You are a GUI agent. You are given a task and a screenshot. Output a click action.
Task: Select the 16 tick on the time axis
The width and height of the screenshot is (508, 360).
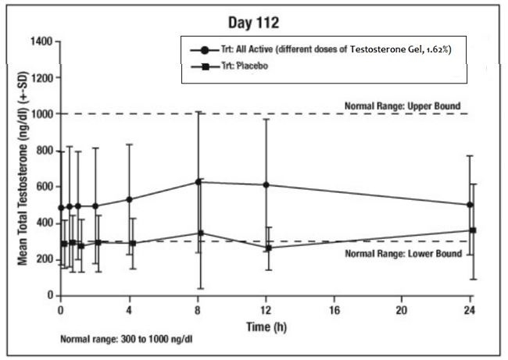(335, 308)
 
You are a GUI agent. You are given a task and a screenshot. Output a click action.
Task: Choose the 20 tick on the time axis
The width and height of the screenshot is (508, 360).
(403, 308)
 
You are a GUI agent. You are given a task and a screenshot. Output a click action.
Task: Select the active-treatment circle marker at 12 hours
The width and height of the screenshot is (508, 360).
(267, 185)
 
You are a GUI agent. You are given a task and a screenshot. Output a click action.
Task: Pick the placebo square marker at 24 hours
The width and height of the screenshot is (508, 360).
(473, 230)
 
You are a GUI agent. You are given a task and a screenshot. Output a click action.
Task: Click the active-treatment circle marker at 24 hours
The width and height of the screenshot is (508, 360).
(470, 205)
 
